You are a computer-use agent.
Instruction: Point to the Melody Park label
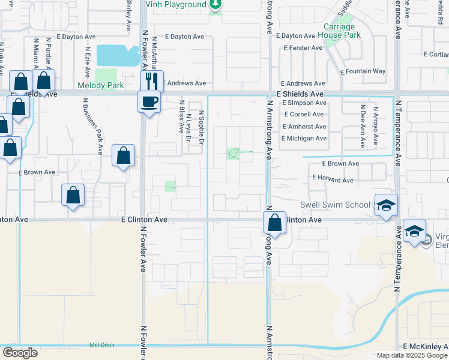pos(100,86)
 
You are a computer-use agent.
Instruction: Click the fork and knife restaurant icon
pos(152,80)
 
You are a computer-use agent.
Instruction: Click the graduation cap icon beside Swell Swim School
pos(387,205)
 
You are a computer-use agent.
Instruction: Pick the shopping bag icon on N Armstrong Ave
pos(274,223)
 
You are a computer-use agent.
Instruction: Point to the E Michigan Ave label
pos(304,139)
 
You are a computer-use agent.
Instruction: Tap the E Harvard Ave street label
pos(333,179)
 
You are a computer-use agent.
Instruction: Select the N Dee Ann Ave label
pos(363,126)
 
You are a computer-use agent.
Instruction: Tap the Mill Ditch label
pos(101,345)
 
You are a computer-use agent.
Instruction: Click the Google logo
pos(19,353)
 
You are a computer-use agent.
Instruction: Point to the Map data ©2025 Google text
pos(412,355)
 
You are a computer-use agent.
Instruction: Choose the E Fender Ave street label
pos(303,48)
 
